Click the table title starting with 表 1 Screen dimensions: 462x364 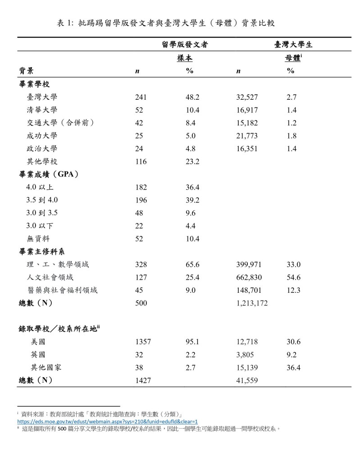tap(166, 23)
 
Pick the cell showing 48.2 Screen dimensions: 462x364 tap(192, 97)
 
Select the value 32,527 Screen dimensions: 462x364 tap(249, 97)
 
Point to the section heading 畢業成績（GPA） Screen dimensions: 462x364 tap(49, 175)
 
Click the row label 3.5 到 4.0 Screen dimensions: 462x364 tap(42, 200)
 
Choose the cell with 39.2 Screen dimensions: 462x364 tap(192, 200)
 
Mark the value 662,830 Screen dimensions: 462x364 tap(249, 277)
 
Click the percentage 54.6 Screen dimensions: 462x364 tap(293, 277)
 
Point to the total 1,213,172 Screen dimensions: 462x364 tap(252, 304)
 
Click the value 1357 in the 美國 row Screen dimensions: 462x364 tap(143, 342)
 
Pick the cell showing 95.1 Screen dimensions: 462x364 tap(192, 342)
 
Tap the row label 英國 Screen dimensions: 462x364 tap(38, 355)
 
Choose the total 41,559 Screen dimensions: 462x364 tap(246, 381)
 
